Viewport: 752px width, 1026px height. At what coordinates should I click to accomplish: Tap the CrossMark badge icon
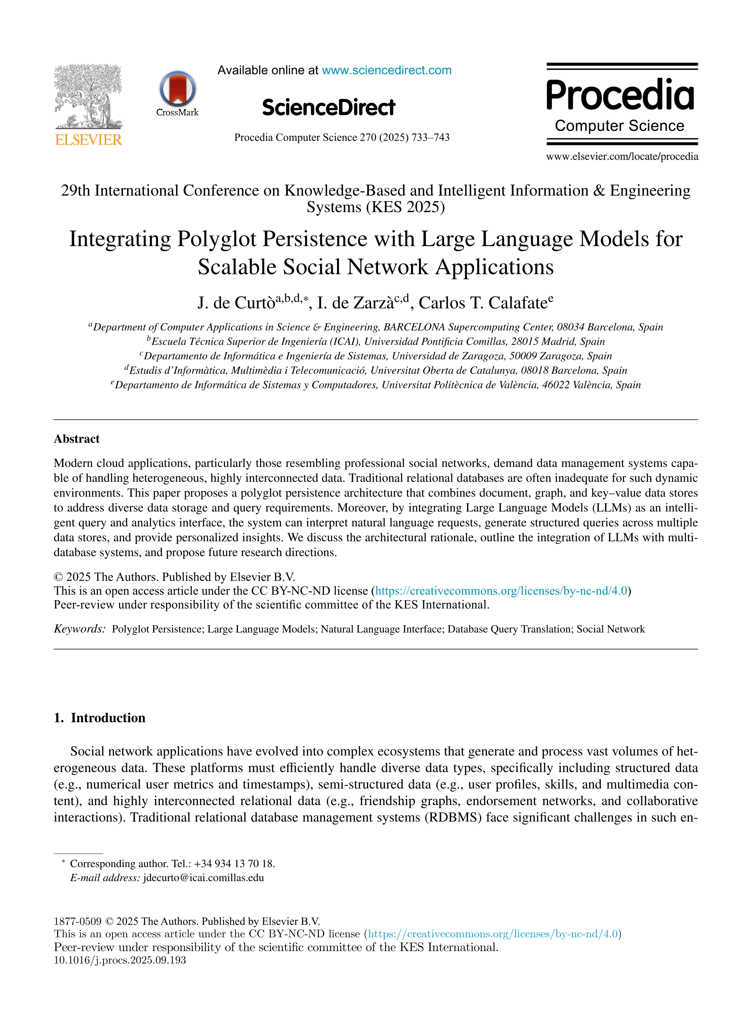177,89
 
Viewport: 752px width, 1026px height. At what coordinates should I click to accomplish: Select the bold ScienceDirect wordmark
329,107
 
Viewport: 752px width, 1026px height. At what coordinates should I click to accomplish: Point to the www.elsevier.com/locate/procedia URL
622,157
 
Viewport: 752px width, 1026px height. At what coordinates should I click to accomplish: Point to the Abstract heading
77,439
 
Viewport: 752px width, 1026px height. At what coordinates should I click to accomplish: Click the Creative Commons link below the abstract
501,591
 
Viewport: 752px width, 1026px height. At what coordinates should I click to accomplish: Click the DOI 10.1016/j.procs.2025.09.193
120,960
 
